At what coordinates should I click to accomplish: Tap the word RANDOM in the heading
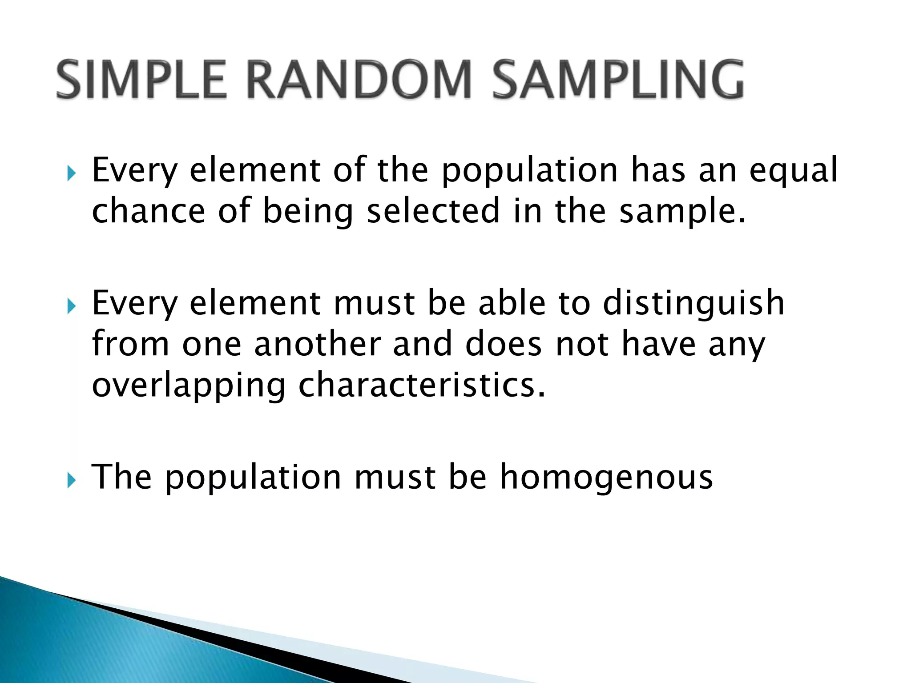coord(359,80)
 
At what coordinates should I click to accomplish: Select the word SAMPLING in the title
coord(618,80)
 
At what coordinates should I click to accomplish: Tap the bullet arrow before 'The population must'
coord(72,480)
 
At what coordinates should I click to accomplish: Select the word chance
coord(148,211)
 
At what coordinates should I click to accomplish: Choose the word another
coord(317,345)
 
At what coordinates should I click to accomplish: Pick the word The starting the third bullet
coord(121,477)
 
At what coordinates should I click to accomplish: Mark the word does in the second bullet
coord(503,345)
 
